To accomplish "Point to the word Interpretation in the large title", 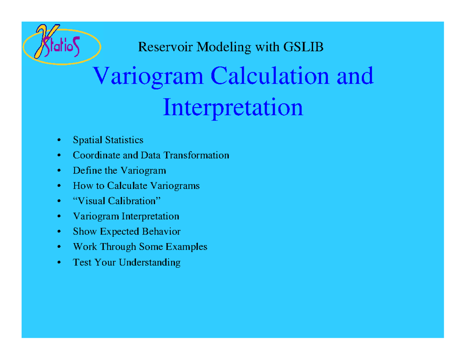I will click(x=233, y=108).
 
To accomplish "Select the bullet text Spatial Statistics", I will click(x=108, y=140).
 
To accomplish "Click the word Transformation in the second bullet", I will click(x=196, y=155).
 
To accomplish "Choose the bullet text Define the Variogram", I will click(x=119, y=170).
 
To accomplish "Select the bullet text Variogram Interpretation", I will click(x=126, y=216).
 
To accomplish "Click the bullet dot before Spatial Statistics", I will click(x=59, y=140).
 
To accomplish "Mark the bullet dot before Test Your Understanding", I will click(x=59, y=263).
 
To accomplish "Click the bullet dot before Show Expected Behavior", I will click(x=59, y=232).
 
